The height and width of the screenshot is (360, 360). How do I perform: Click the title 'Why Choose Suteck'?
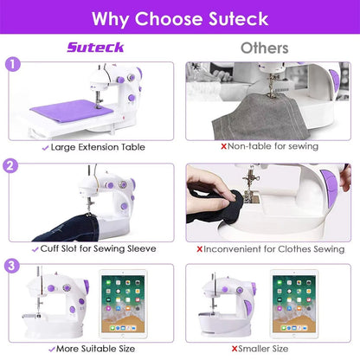180,17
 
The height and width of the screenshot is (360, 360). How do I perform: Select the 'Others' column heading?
264,48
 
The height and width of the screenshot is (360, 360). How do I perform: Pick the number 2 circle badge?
12,166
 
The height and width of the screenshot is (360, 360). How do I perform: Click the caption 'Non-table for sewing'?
269,147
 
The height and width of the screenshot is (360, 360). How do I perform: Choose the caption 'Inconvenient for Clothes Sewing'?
269,248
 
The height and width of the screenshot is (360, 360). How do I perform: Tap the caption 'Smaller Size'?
269,350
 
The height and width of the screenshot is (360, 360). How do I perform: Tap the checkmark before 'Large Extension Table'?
45,147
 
